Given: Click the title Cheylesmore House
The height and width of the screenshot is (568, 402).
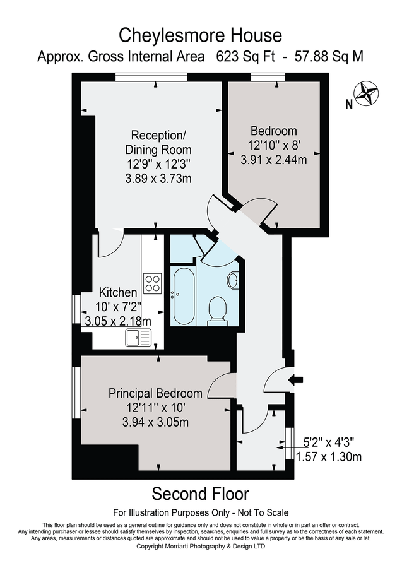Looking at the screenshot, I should tap(201, 34).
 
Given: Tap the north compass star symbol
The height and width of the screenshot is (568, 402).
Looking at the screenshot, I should tap(366, 94).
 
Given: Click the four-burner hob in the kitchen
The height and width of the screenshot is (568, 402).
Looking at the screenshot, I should tap(153, 283).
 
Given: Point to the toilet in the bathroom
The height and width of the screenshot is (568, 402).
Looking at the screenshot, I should tap(218, 309).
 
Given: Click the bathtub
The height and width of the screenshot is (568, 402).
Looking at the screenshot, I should tap(184, 295).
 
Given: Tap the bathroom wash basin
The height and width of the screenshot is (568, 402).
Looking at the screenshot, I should tap(232, 280).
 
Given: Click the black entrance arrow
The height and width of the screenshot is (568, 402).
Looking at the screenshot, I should tap(295, 379).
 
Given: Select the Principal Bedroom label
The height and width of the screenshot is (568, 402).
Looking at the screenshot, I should tap(155, 393).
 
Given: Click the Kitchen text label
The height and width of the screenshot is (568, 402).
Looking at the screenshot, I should tap(118, 293).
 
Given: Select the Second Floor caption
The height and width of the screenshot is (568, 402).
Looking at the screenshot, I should tap(201, 493).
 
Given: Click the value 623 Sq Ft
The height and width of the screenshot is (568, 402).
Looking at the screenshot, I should tap(242, 57).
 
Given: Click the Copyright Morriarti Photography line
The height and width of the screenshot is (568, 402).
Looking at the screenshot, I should tap(201, 547).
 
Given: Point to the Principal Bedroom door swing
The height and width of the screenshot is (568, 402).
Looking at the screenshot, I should tap(220, 386).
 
